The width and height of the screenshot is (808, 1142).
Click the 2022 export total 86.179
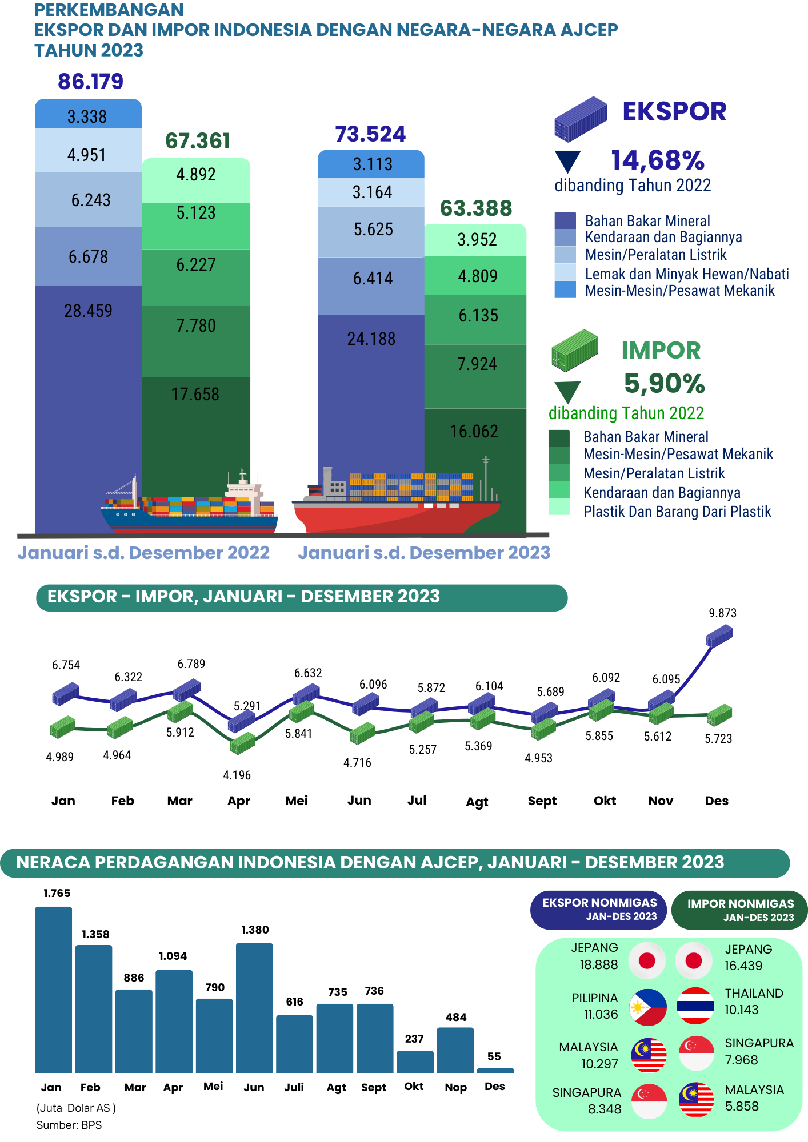click(90, 82)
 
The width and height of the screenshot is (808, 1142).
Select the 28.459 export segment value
click(88, 311)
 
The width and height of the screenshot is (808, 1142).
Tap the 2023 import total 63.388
click(476, 209)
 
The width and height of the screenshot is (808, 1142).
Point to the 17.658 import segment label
click(195, 395)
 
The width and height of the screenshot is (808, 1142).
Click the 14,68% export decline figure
click(658, 160)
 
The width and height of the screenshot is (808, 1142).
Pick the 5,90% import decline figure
click(664, 383)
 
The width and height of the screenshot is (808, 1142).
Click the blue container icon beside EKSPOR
click(580, 119)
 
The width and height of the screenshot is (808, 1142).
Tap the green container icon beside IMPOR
click(574, 349)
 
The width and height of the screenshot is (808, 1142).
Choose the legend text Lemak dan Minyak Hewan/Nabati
click(687, 274)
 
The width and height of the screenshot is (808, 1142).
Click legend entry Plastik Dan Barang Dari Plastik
click(677, 512)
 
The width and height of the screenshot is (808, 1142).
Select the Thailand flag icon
click(695, 1006)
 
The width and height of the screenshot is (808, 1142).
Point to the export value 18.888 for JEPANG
click(598, 965)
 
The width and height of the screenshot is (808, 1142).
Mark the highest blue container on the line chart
click(719, 636)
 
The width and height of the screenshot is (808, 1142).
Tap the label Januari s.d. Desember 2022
click(143, 553)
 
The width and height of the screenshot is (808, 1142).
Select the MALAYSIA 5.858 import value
click(742, 1107)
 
